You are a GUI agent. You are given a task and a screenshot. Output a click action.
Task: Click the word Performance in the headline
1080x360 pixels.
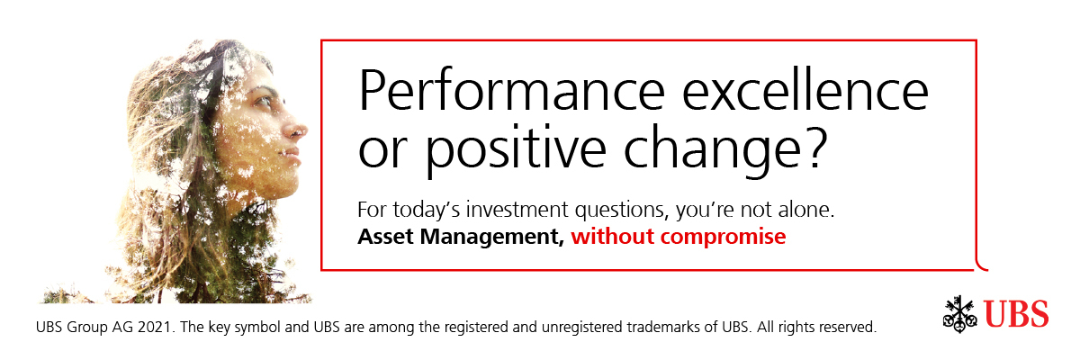tap(511, 90)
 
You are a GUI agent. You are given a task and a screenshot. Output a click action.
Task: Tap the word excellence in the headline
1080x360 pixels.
tap(805, 89)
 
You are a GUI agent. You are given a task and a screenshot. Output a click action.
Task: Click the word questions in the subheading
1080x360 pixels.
tap(623, 211)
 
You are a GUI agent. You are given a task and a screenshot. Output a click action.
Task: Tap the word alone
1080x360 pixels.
tap(806, 210)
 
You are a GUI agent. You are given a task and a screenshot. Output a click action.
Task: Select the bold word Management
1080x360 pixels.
tap(491, 237)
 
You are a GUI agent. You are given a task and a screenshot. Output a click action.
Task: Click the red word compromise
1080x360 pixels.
tap(724, 237)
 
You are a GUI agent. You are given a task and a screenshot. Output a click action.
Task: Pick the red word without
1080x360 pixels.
tap(613, 236)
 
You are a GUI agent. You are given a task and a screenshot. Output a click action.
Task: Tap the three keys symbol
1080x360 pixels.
tap(960, 314)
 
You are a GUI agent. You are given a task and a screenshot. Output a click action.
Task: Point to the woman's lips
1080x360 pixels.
tap(292, 157)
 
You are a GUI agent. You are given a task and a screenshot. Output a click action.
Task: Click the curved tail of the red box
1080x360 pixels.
tap(981, 263)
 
